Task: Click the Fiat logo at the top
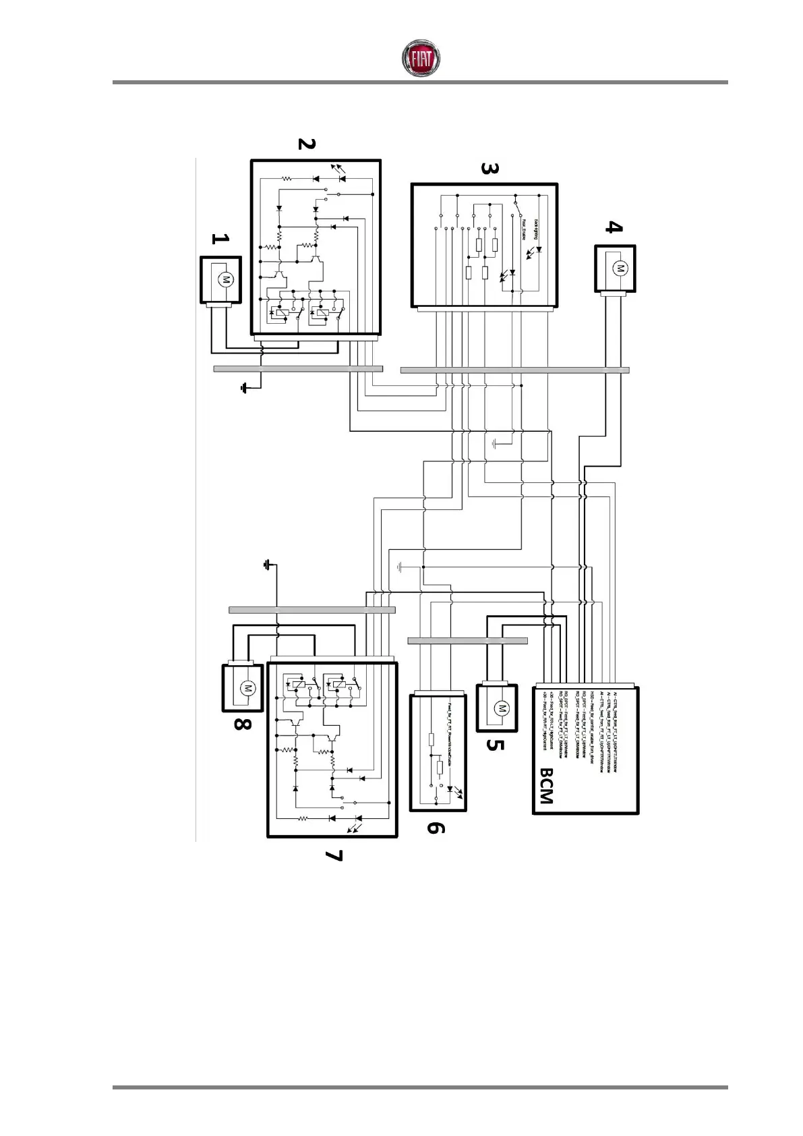coord(421,58)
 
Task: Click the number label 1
coord(220,239)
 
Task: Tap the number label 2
coord(306,144)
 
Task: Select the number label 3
coord(489,168)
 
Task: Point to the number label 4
coord(612,227)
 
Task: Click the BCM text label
coord(546,787)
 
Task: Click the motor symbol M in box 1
coord(227,279)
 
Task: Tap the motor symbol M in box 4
coord(618,268)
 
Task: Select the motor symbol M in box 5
coord(500,708)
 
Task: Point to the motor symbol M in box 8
coord(247,688)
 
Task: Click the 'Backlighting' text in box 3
coord(536,229)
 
